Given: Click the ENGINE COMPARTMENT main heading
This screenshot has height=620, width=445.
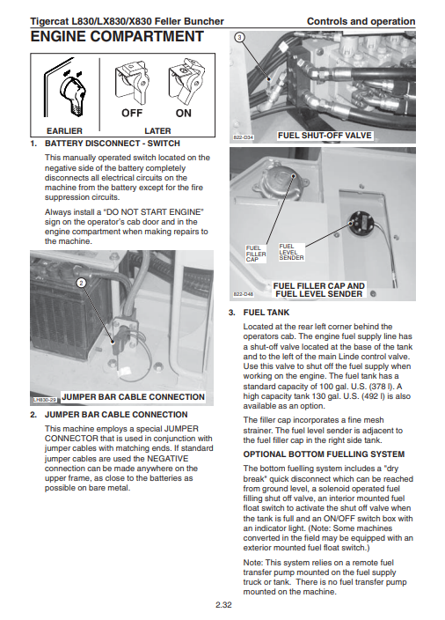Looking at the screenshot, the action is pyautogui.click(x=117, y=36).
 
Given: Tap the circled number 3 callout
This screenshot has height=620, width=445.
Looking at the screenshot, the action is pyautogui.click(x=239, y=38).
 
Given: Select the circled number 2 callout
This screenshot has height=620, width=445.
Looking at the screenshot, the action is pyautogui.click(x=81, y=283).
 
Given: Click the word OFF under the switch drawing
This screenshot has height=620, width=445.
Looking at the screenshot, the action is pyautogui.click(x=132, y=113).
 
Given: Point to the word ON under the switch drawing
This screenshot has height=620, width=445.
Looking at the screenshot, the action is pyautogui.click(x=183, y=113).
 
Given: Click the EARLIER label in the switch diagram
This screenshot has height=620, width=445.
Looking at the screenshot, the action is pyautogui.click(x=64, y=131).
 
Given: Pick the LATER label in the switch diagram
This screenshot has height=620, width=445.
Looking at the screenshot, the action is pyautogui.click(x=157, y=131).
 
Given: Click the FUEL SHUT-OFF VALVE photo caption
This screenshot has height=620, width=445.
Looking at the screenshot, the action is pyautogui.click(x=325, y=136).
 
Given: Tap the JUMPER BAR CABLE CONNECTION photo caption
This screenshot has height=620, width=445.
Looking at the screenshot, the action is pyautogui.click(x=134, y=397).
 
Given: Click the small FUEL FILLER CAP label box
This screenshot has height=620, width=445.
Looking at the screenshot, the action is pyautogui.click(x=256, y=254).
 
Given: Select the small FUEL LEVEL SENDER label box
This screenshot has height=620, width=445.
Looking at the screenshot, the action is pyautogui.click(x=291, y=252).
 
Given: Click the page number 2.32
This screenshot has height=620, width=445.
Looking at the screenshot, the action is pyautogui.click(x=223, y=605).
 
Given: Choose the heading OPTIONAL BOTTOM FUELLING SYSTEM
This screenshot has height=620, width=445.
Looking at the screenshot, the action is pyautogui.click(x=324, y=454).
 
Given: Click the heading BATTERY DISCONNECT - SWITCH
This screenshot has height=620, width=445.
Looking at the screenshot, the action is pyautogui.click(x=113, y=144).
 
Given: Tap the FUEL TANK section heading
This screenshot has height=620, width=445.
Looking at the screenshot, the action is pyautogui.click(x=266, y=313).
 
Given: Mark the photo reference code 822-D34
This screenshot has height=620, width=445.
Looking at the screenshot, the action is pyautogui.click(x=244, y=137).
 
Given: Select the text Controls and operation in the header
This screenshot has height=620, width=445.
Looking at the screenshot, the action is pyautogui.click(x=361, y=21).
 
